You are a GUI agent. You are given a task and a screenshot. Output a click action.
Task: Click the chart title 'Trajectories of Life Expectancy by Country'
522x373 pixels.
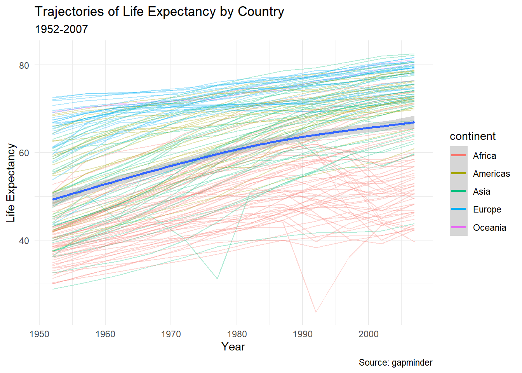[x=159, y=12]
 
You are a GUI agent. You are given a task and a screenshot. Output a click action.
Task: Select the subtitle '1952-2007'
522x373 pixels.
[x=61, y=29]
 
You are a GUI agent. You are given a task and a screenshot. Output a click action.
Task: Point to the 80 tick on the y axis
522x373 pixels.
[x=24, y=65]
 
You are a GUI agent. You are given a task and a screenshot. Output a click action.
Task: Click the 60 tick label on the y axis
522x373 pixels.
[x=24, y=153]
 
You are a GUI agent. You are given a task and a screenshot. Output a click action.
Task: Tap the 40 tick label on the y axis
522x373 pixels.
[x=24, y=241]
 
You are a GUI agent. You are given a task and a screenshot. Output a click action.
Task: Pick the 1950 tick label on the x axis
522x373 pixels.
[x=39, y=334]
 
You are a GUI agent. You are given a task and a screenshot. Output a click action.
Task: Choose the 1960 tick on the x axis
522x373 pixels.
[x=105, y=334]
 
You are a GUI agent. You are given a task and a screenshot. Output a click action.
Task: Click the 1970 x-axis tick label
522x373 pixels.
[x=171, y=334]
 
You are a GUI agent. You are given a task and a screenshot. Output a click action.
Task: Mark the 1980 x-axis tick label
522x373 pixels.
[x=237, y=334]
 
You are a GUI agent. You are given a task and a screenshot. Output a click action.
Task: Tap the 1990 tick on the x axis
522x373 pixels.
[x=303, y=334]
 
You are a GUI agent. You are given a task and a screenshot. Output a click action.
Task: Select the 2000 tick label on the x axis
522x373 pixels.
[x=369, y=334]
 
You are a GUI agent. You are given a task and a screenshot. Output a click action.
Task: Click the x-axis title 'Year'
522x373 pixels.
[x=233, y=347]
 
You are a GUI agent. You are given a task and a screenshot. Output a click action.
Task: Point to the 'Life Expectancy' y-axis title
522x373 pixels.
[x=11, y=183]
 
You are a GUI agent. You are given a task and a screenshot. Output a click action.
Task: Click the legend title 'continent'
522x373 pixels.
[x=473, y=136]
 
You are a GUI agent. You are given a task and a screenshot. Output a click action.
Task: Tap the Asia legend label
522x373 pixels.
[x=482, y=192]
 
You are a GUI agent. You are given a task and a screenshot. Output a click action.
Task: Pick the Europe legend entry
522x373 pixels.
[x=487, y=209]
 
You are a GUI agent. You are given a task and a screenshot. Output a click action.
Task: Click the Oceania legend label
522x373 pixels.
[x=489, y=228]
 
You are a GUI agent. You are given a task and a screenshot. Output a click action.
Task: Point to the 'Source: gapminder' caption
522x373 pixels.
[x=395, y=363]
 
